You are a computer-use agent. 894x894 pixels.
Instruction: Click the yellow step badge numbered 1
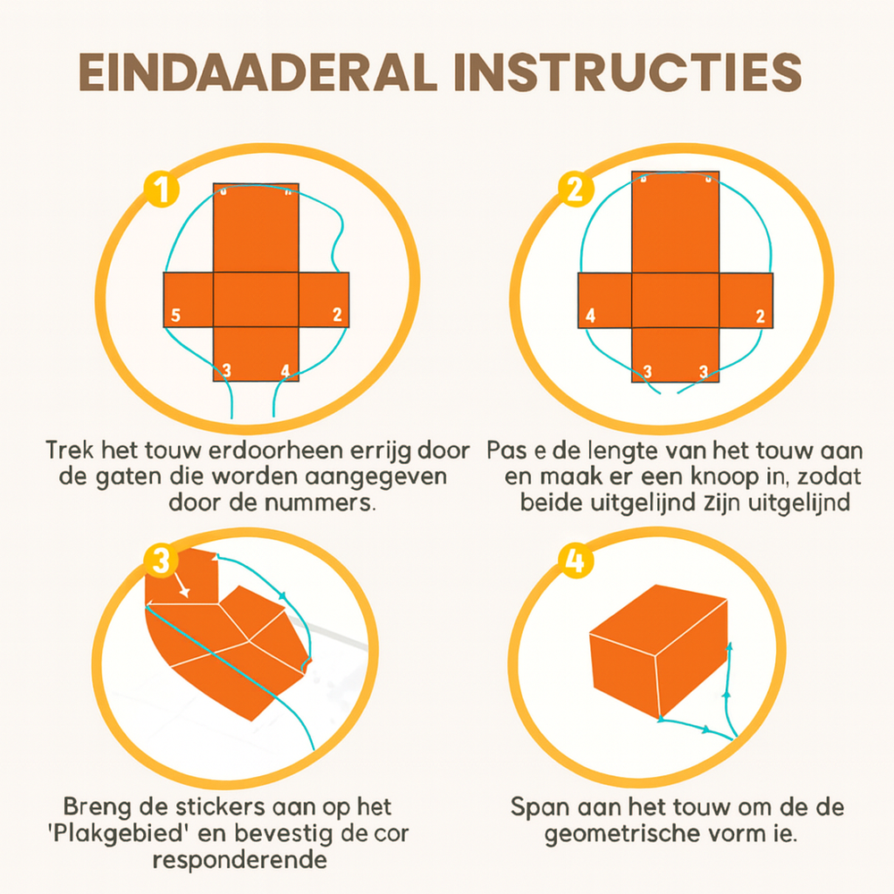click(162, 190)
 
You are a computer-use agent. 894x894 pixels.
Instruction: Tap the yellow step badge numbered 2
click(575, 189)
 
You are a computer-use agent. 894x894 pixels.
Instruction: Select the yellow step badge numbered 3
click(161, 561)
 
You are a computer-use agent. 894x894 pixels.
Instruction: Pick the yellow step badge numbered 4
click(575, 561)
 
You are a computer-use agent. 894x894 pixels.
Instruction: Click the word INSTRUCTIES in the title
click(628, 72)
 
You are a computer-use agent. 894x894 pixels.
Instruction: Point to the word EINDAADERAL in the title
click(258, 72)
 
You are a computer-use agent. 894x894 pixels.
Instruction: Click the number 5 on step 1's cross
click(175, 315)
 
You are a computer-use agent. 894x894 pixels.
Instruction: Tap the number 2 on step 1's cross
click(338, 314)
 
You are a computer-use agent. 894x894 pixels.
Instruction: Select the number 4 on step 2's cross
click(590, 316)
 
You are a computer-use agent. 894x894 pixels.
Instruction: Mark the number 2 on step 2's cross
click(760, 316)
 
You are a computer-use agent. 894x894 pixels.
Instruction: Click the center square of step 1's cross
click(256, 299)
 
